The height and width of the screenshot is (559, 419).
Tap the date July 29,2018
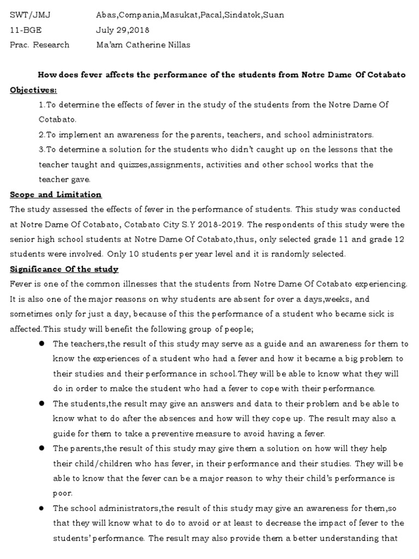tap(122, 30)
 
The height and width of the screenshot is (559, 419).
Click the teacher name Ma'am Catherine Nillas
tap(143, 45)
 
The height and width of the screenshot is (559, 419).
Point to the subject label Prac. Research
tap(40, 45)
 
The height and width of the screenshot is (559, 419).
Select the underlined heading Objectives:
tap(33, 90)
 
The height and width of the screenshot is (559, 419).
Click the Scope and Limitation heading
tap(56, 194)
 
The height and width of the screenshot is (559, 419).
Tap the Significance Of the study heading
tap(64, 269)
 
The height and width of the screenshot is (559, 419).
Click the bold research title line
tap(221, 75)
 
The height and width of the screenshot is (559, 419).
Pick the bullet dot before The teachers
tap(41, 344)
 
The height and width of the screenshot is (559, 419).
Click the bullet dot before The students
tap(41, 403)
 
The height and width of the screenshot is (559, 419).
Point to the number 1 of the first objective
tap(41, 104)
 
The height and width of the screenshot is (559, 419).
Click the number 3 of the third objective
tap(41, 150)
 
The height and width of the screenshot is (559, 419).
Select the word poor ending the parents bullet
tap(62, 493)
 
